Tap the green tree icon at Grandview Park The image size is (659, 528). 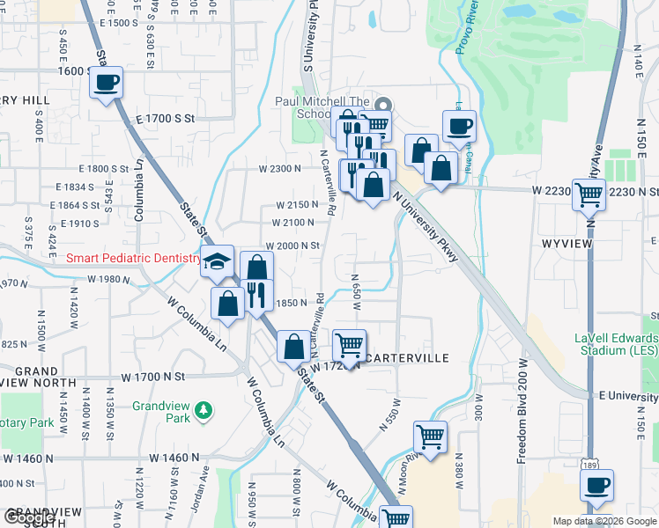pyautogui.click(x=204, y=410)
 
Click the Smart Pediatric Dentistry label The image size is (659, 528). pyautogui.click(x=135, y=258)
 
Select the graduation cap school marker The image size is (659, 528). pyautogui.click(x=217, y=261)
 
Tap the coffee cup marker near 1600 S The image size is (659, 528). pyautogui.click(x=106, y=84)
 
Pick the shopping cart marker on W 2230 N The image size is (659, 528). pyautogui.click(x=589, y=194)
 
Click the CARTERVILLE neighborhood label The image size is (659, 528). pyautogui.click(x=407, y=358)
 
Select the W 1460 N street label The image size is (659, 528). pyautogui.click(x=175, y=458)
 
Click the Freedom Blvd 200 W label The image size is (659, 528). pyautogui.click(x=522, y=410)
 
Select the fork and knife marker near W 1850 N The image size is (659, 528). pyautogui.click(x=256, y=294)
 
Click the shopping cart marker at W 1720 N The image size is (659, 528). pyautogui.click(x=350, y=344)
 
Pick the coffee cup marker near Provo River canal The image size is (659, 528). pyautogui.click(x=459, y=126)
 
